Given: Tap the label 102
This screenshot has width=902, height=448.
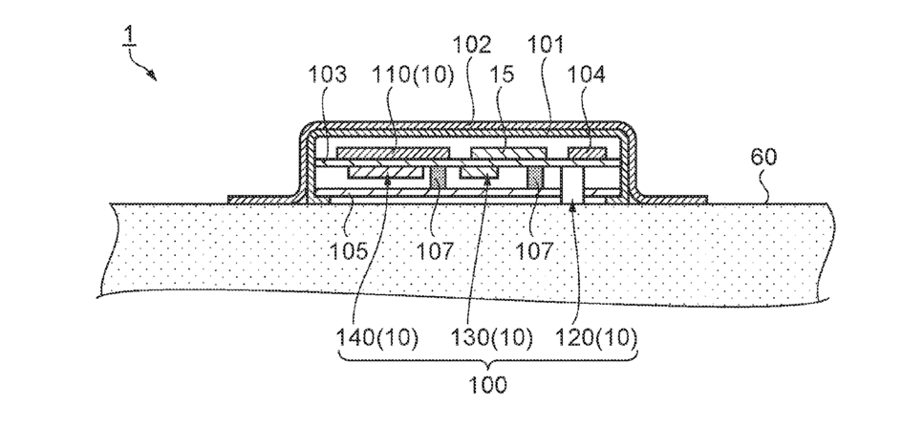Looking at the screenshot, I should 473,44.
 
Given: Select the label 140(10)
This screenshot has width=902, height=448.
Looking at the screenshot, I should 377,337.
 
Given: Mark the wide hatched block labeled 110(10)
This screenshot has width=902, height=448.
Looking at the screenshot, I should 392,154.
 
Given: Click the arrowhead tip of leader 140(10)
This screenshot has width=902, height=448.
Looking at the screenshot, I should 386,179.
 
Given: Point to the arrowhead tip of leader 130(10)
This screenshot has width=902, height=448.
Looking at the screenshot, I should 488,179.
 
